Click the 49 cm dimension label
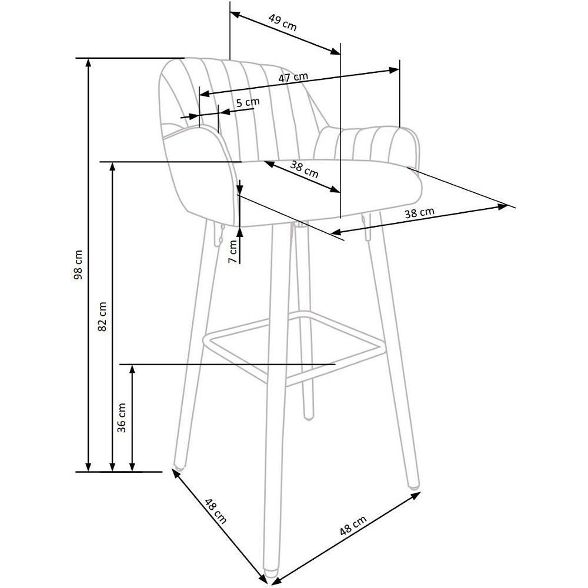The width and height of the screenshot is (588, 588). click(283, 22)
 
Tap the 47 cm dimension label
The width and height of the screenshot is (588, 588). click(293, 77)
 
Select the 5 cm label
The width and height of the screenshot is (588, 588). click(248, 102)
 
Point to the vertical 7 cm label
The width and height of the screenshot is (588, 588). click(233, 251)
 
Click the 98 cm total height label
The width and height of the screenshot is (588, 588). click(78, 265)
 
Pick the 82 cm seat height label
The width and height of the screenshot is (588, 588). click(102, 316)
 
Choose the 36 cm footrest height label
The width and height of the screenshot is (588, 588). click(122, 417)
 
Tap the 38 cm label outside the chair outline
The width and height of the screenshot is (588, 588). click(419, 213)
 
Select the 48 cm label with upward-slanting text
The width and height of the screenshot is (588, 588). click(353, 525)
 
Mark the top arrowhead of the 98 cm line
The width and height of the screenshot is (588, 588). click(89, 63)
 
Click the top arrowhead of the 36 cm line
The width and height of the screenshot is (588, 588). click(132, 369)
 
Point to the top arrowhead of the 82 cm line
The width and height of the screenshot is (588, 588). click(112, 167)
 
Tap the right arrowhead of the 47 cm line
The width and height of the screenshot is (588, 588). click(394, 70)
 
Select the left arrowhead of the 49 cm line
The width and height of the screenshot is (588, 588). click(235, 15)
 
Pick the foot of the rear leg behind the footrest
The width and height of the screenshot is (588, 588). click(308, 415)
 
